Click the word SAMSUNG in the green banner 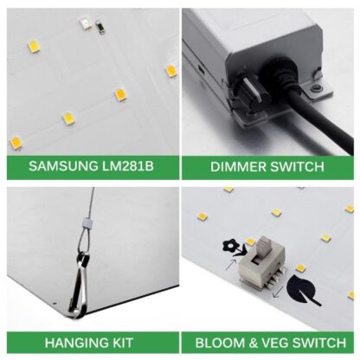[63, 166]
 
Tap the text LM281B [128, 166]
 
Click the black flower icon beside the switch [233, 247]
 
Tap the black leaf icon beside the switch [301, 291]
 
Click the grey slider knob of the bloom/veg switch [262, 246]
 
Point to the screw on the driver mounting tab [317, 87]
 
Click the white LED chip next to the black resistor [86, 24]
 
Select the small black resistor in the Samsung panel [100, 27]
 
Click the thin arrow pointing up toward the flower [231, 265]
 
